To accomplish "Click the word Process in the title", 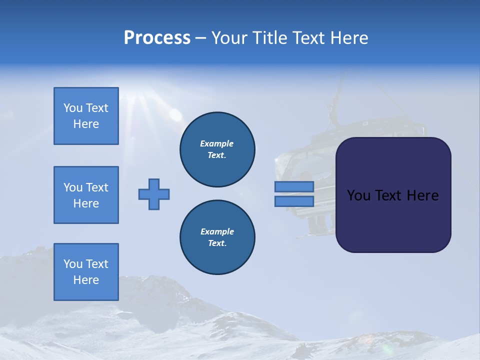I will click(157, 38).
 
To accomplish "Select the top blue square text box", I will click(86, 116).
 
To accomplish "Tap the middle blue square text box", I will click(86, 195).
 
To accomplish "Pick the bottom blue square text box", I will click(86, 271).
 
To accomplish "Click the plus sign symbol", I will click(154, 194).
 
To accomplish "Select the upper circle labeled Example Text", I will click(217, 149).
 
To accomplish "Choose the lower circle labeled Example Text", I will click(217, 237).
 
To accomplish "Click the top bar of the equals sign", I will click(294, 187).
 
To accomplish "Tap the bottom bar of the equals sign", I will click(294, 201).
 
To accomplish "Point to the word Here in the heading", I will click(348, 38).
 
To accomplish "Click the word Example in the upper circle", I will click(217, 143).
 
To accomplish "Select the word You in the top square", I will click(73, 108).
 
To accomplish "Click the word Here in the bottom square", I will click(86, 280).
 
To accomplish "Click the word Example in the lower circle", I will click(217, 231).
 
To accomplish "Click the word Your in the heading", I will click(229, 38).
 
